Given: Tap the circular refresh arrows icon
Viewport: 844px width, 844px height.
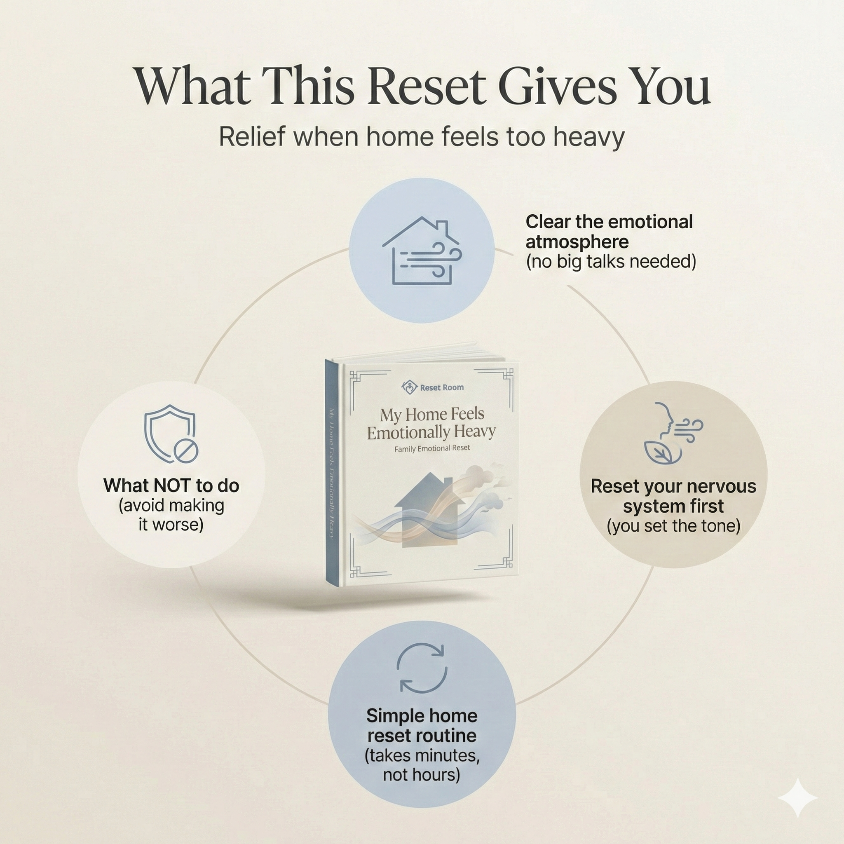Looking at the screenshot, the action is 422,668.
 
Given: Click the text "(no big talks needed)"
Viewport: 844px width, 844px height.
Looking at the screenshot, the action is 611,262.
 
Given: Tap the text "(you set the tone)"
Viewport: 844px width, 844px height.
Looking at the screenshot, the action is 673,525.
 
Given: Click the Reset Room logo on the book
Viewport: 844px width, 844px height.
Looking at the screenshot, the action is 431,387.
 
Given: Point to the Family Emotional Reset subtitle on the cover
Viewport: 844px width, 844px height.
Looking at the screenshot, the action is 431,449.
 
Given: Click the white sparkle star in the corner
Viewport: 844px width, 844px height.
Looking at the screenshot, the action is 797,797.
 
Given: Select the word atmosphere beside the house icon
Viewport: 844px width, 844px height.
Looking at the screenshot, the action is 577,241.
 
